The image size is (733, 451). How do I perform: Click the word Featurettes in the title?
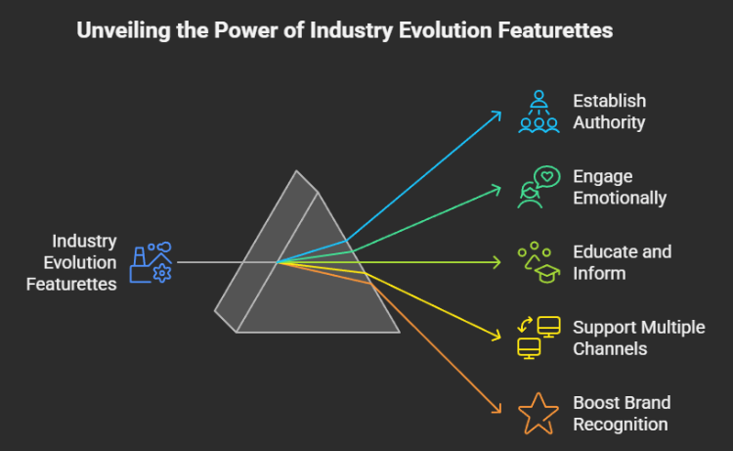point(555,30)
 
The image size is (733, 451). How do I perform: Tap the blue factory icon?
point(151,262)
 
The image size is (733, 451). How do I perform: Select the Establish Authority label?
point(610,112)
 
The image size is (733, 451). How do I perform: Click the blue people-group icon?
point(539,112)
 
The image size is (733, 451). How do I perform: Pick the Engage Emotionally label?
point(620,187)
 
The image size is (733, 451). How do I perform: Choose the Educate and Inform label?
point(623,262)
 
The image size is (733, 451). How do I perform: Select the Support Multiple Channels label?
point(638,338)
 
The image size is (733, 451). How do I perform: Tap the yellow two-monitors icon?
point(539,338)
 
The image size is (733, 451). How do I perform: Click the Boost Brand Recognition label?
point(622,414)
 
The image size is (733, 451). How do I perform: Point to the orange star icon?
point(539,414)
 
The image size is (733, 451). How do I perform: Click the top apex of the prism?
point(296,171)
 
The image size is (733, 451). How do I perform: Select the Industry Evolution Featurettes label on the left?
point(71,262)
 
